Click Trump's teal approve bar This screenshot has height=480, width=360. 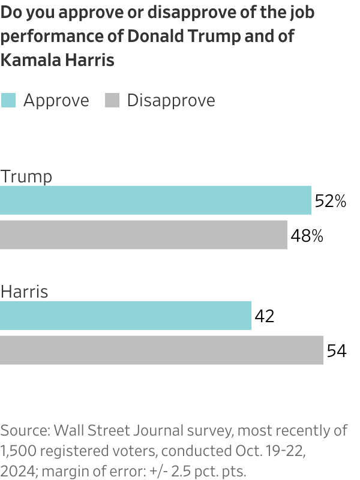(x=155, y=200)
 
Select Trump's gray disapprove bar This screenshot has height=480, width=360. (x=143, y=235)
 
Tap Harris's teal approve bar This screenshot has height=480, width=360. (x=125, y=316)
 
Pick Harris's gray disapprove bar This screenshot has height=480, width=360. (x=161, y=350)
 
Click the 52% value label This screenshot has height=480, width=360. (x=331, y=202)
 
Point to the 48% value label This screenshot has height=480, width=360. (x=307, y=236)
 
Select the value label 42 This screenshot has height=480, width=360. (x=265, y=316)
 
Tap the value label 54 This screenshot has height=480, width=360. (x=337, y=351)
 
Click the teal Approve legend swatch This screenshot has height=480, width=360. (x=8, y=100)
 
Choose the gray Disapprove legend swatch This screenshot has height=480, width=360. (x=112, y=100)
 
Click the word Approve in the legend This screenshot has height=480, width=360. (x=56, y=100)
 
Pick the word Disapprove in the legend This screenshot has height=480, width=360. (x=171, y=100)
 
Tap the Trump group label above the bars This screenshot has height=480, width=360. (x=26, y=176)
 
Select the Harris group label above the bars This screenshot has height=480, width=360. (x=25, y=292)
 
